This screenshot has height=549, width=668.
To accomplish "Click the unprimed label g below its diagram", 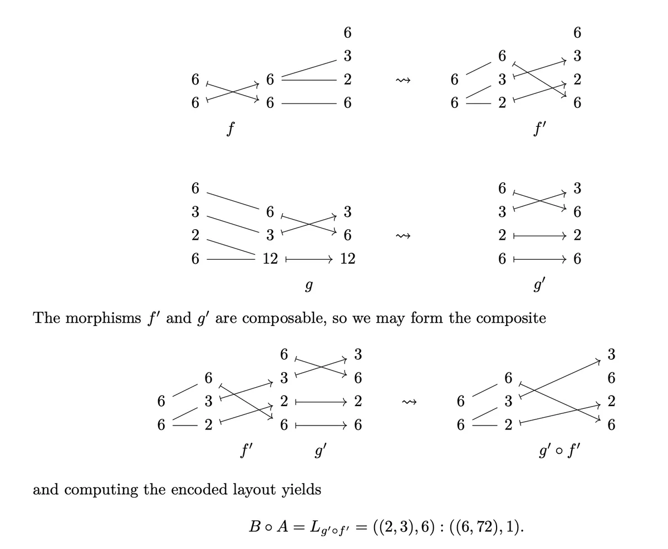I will coord(309,285).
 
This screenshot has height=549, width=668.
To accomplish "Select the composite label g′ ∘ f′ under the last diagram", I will coord(559,450).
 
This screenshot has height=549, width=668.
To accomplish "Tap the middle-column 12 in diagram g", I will coord(270,259).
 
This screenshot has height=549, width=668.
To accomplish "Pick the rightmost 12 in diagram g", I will coord(347,259).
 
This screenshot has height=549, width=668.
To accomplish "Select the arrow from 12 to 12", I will coord(309,259).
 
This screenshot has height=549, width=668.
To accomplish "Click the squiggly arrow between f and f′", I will coord(402,81).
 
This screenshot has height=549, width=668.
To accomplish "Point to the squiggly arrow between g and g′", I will coord(402,236).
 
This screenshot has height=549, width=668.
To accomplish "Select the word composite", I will coord(510,318).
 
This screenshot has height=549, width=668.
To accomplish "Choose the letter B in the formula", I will coord(254,527).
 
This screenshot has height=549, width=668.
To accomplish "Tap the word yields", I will coord(302,489).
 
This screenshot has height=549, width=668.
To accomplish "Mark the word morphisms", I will coord(104,318).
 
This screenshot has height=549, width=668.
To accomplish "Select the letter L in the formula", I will coord(315,527).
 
